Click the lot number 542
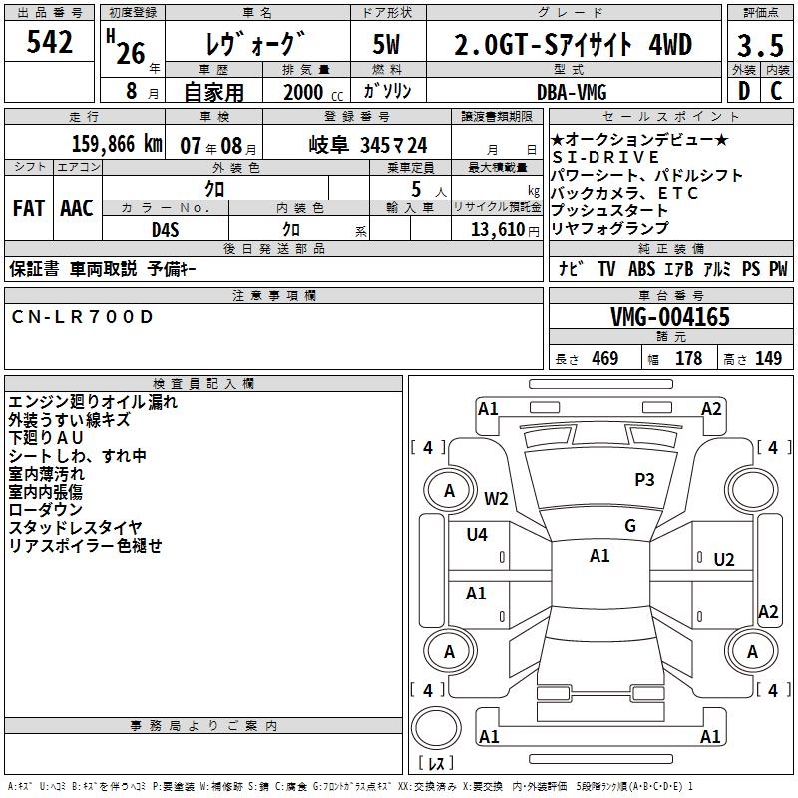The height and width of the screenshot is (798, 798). (49, 42)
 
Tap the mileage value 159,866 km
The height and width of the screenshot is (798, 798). (118, 144)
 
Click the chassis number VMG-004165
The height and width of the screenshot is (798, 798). (669, 318)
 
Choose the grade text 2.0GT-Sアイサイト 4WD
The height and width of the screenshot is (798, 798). (573, 45)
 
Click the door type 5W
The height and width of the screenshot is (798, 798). (387, 45)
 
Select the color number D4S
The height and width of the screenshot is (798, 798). (165, 228)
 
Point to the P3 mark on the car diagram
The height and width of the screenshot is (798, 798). (644, 479)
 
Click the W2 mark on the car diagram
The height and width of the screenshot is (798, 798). (496, 498)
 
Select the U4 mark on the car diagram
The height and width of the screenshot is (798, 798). (477, 534)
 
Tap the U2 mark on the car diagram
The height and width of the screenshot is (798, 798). (723, 559)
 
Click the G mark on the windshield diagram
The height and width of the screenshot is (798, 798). (629, 526)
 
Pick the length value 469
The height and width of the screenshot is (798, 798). (604, 358)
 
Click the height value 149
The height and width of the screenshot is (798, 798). (768, 358)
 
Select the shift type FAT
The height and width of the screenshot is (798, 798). (28, 208)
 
